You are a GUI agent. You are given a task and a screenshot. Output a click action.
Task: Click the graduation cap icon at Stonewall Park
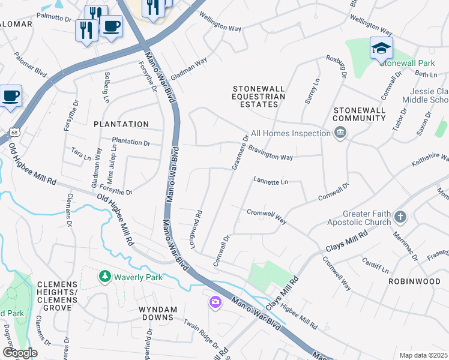click(x=381, y=47)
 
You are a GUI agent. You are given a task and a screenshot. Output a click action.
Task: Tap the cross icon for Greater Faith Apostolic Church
click(x=401, y=217)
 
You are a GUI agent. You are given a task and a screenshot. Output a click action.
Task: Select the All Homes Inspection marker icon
click(x=340, y=133)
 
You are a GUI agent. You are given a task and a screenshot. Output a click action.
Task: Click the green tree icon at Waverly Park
click(x=105, y=277)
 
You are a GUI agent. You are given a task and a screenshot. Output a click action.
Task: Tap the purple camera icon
click(x=215, y=302)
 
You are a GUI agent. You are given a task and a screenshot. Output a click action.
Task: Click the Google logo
click(x=20, y=353)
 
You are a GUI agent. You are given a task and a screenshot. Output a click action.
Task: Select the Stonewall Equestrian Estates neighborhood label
click(x=259, y=96)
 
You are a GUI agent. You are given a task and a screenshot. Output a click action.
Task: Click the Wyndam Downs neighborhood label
click(x=158, y=314)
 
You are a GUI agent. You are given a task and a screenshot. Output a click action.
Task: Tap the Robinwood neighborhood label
click(x=414, y=281)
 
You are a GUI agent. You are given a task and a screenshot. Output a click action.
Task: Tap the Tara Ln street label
click(x=81, y=154)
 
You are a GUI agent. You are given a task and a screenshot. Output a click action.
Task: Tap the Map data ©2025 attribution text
click(x=424, y=355)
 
